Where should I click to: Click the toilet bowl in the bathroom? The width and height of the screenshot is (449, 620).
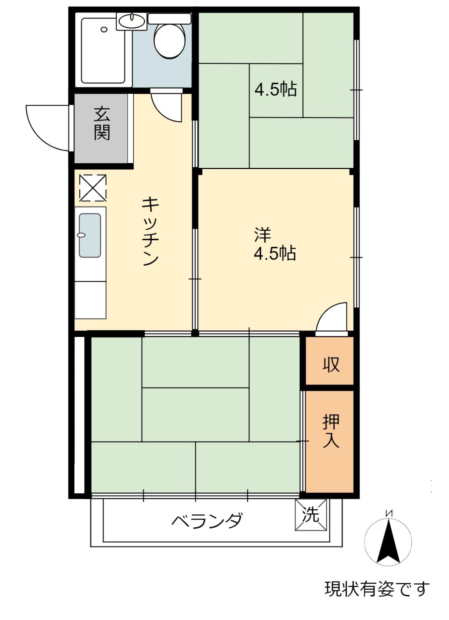point(169,40)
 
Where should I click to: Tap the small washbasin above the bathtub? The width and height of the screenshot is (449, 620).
point(132,21)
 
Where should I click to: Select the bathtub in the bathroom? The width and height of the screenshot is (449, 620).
point(103,51)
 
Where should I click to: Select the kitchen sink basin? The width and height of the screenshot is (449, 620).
point(90,235)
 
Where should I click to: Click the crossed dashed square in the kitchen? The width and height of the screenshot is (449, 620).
point(93,188)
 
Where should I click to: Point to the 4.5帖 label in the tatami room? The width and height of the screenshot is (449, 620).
point(276,90)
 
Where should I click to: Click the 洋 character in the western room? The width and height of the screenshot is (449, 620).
point(262,235)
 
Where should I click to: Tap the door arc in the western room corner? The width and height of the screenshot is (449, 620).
point(332,317)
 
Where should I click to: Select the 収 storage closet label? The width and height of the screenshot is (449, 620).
point(331,364)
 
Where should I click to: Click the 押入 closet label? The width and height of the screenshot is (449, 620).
point(331,431)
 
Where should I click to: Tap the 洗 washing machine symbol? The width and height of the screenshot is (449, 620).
point(311,515)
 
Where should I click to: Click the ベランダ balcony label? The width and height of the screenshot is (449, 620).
point(207,521)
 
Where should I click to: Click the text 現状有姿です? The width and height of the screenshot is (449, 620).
point(377,589)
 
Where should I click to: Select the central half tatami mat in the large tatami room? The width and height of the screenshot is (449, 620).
point(195,415)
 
